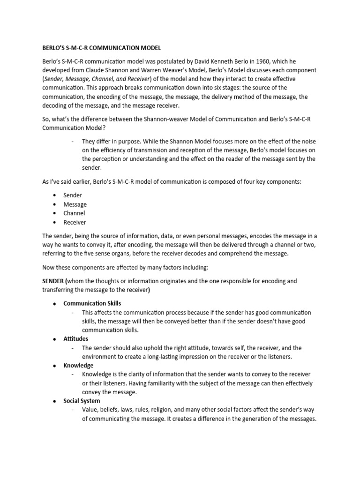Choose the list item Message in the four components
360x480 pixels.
tap(75, 204)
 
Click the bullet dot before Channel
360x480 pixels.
tap(55, 213)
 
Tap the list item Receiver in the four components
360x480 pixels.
tap(75, 222)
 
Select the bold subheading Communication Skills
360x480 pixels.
tap(92, 303)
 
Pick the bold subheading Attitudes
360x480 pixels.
tap(75, 338)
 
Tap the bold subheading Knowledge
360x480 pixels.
tap(78, 366)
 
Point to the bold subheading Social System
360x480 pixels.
tap(82, 401)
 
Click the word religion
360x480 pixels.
tap(166, 410)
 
